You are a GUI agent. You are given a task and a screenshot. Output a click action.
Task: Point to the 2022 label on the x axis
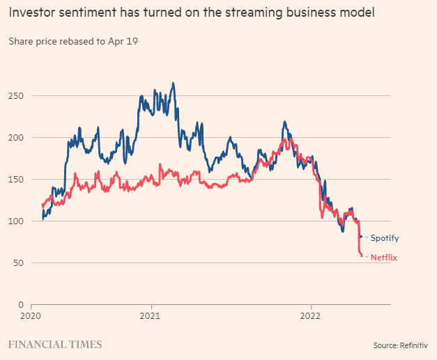point(311,315)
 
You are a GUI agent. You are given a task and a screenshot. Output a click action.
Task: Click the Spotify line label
point(384,238)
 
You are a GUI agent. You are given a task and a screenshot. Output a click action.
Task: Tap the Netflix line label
point(384,258)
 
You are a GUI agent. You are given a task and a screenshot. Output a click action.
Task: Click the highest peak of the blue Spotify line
point(173,83)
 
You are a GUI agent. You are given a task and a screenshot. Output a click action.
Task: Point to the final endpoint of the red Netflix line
point(362,256)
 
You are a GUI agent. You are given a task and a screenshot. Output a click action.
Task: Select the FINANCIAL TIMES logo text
point(55,345)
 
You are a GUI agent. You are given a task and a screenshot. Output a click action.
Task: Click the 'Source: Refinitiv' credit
point(400,345)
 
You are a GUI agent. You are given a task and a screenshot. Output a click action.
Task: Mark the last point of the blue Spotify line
point(360,237)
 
